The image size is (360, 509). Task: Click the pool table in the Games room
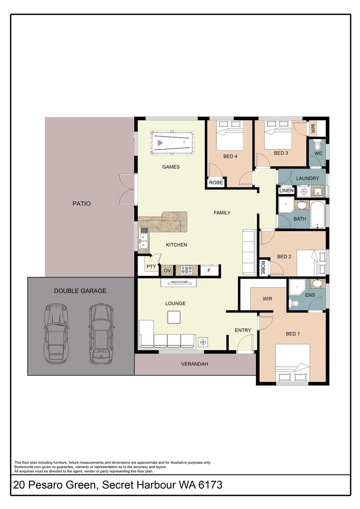click(172, 143)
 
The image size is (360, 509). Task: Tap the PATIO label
click(81, 204)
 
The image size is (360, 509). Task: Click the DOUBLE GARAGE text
click(80, 291)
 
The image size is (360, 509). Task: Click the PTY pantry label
click(151, 267)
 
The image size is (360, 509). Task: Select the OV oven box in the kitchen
click(167, 271)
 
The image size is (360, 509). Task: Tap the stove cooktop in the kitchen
click(186, 270)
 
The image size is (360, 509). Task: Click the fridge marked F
click(209, 271)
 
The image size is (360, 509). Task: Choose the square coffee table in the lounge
click(174, 317)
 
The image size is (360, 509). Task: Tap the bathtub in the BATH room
click(319, 214)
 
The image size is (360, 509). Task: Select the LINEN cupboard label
click(286, 190)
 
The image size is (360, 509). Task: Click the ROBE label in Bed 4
click(216, 182)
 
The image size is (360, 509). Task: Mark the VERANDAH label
click(195, 364)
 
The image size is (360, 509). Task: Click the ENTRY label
click(243, 330)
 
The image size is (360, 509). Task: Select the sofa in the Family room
click(249, 252)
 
